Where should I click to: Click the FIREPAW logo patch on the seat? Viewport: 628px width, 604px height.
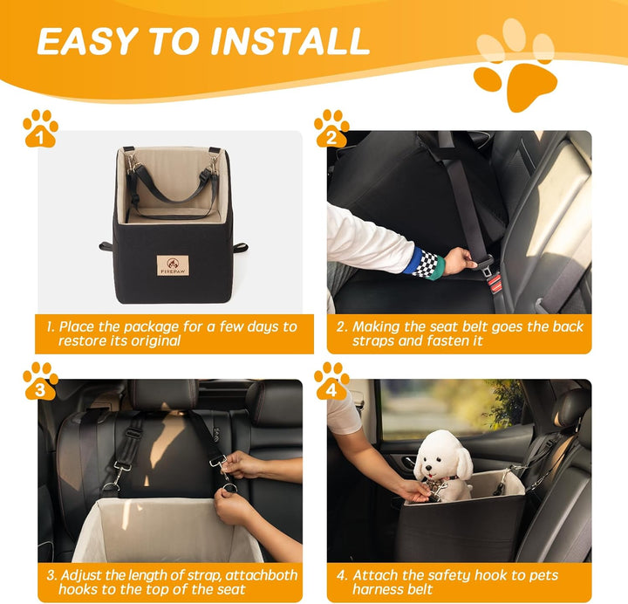173,265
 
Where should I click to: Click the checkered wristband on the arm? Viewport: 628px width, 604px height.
426,263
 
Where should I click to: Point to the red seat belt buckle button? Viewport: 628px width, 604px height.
494,281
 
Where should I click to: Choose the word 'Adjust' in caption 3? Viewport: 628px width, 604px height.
83,575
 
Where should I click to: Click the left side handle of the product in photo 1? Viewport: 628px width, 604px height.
106,246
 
